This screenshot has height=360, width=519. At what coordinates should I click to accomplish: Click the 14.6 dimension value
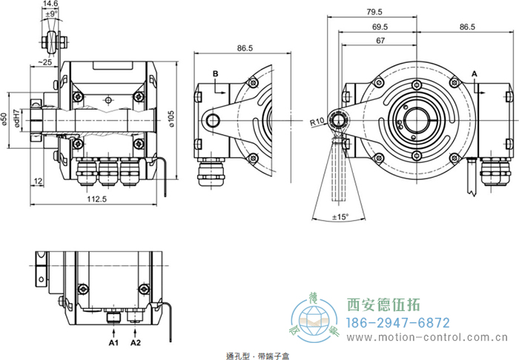tap(50, 4)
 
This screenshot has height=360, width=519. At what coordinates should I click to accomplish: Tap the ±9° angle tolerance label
tap(50, 14)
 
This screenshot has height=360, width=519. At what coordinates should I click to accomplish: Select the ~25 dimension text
tap(45, 62)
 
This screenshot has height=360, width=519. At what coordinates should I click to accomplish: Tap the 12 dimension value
tap(37, 181)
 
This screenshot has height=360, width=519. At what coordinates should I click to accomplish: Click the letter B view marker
tap(215, 73)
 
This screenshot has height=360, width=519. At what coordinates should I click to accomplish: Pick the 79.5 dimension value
tap(374, 12)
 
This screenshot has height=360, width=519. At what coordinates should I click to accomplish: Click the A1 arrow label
tap(113, 344)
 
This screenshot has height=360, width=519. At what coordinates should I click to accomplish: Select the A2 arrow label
tap(136, 344)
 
